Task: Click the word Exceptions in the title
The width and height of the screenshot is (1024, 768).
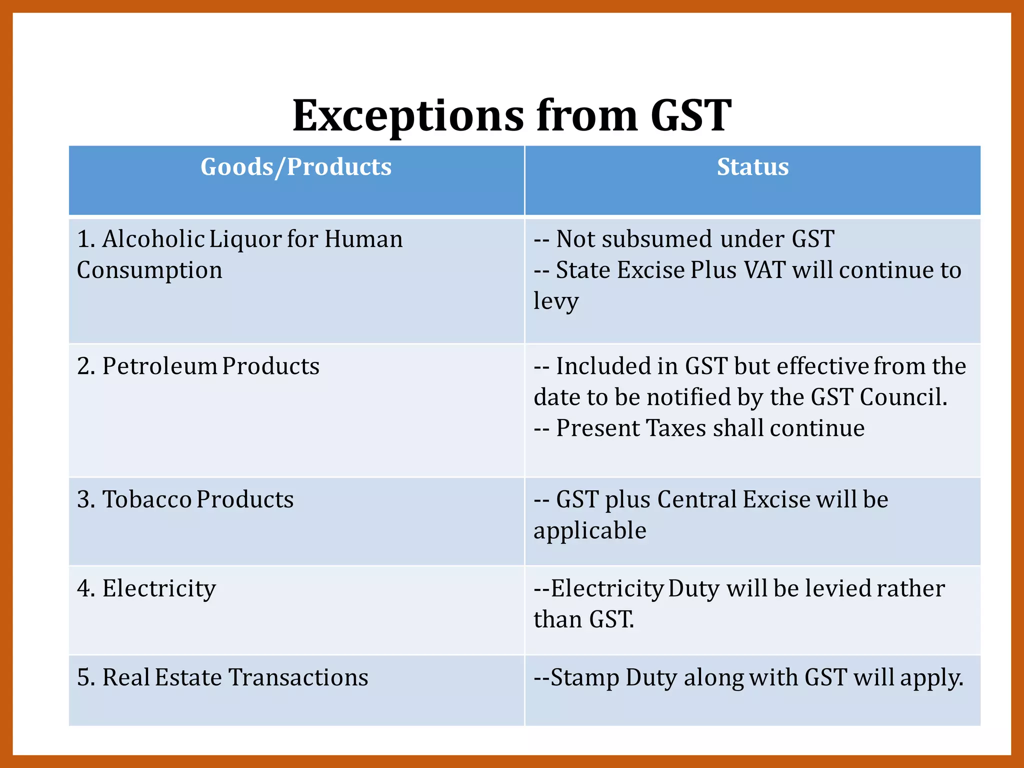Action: pos(408,116)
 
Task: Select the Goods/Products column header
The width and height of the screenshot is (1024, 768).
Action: pos(296,167)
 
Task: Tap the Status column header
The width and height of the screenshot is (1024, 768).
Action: pos(752,167)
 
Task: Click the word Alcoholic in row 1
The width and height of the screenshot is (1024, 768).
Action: pos(153,239)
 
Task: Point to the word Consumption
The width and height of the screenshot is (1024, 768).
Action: pos(149,270)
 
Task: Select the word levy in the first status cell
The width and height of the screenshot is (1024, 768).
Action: pos(556,301)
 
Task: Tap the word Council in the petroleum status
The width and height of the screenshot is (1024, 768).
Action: pos(903,397)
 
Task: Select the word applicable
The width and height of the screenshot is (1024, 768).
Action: pos(590,530)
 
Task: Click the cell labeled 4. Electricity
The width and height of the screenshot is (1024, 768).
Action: pos(146,588)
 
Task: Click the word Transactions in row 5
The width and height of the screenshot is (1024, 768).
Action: pos(298,677)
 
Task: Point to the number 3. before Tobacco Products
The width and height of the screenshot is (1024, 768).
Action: pos(85,499)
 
